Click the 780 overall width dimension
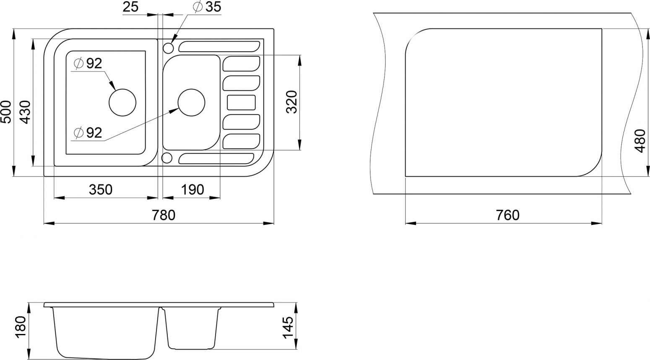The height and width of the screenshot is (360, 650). [x=164, y=215]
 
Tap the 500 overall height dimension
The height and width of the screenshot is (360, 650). [x=6, y=112]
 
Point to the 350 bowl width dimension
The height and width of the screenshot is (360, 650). [x=100, y=190]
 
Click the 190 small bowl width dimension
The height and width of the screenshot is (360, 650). [x=192, y=190]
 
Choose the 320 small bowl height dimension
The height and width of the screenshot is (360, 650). [x=292, y=102]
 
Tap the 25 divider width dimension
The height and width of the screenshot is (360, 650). [x=130, y=7]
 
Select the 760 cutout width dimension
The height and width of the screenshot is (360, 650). [x=507, y=215]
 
